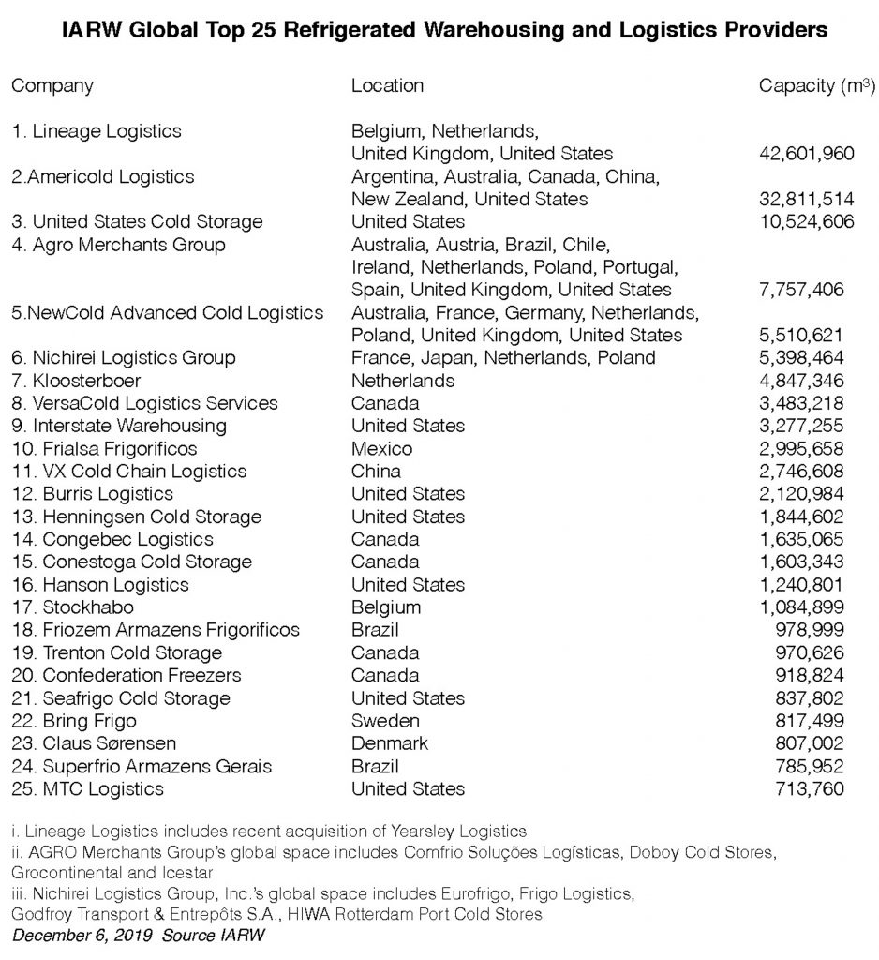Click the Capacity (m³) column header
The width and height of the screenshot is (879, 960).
816,86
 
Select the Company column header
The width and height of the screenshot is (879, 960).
52,86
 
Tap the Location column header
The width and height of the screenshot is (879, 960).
387,86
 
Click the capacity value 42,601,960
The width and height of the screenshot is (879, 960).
802,153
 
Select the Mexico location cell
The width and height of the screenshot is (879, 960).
381,448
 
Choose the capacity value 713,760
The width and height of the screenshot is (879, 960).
809,788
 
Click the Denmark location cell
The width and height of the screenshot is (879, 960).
389,743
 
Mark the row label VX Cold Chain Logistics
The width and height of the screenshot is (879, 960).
130,472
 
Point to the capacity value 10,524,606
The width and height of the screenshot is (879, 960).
802,221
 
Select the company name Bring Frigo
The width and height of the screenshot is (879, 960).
89,721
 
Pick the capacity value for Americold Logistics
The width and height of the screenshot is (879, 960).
802,199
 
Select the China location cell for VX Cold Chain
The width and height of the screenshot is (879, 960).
376,472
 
